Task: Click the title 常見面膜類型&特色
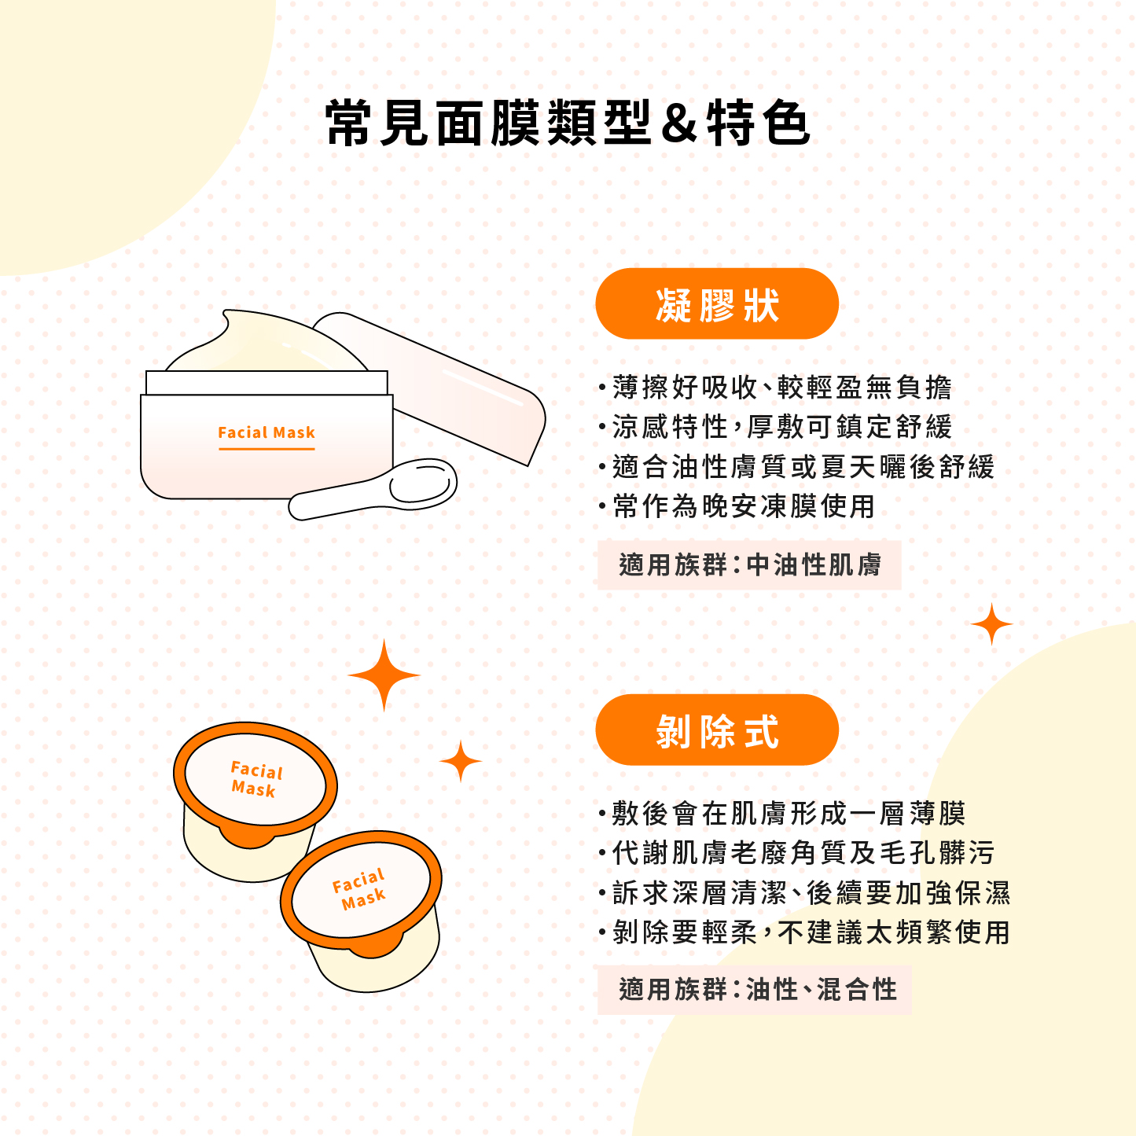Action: [x=567, y=123]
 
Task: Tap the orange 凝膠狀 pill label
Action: [x=717, y=303]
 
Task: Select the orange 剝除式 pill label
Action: [x=717, y=730]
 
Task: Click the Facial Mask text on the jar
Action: [x=267, y=432]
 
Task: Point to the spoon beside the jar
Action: [x=373, y=489]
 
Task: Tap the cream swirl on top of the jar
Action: [x=267, y=342]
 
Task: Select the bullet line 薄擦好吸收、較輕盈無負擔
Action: [x=775, y=388]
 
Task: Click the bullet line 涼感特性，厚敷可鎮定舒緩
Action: [x=775, y=427]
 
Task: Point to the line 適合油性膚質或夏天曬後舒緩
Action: [x=796, y=466]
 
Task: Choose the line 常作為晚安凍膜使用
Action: [x=737, y=506]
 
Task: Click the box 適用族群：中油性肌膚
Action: [x=749, y=564]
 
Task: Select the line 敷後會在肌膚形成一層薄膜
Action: [x=781, y=814]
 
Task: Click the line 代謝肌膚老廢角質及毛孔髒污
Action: [x=796, y=853]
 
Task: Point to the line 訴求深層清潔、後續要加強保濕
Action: [x=804, y=893]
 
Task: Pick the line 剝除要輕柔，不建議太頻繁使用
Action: [x=804, y=932]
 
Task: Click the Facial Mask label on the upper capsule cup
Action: [x=256, y=779]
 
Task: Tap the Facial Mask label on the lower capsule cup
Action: [x=360, y=890]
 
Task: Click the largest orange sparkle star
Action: [x=384, y=675]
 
